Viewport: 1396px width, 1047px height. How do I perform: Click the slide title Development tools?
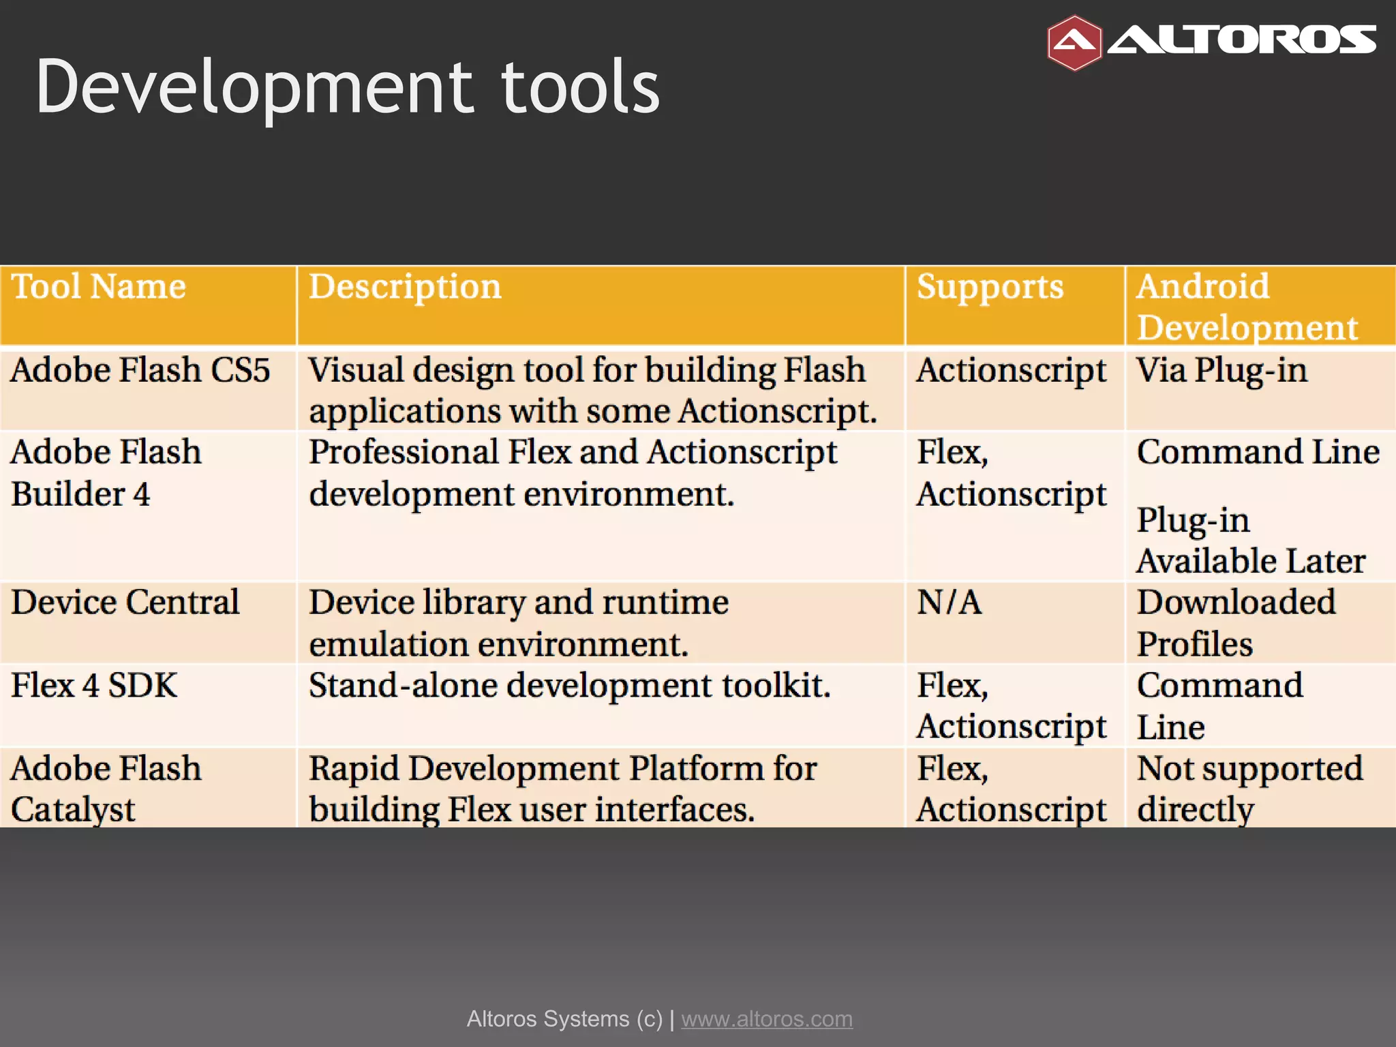click(x=348, y=87)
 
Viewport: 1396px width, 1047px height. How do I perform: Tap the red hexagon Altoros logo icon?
click(x=1074, y=43)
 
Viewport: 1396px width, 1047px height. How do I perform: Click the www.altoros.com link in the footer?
click(x=767, y=1018)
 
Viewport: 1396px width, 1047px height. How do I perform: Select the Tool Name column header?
click(x=99, y=286)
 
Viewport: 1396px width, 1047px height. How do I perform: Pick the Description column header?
click(x=405, y=286)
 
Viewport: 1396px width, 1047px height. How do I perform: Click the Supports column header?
click(x=990, y=286)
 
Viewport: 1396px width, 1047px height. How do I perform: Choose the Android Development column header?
click(x=1247, y=306)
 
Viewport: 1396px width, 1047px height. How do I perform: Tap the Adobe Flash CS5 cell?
click(x=140, y=370)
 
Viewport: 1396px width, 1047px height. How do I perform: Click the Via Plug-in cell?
click(x=1221, y=370)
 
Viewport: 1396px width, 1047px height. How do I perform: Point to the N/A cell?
click(x=949, y=603)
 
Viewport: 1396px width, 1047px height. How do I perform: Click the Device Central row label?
click(x=125, y=603)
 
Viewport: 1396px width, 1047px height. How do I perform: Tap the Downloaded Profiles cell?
click(x=1235, y=622)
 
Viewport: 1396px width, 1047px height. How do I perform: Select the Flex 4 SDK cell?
click(x=94, y=685)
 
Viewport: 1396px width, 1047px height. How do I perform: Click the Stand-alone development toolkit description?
click(x=569, y=685)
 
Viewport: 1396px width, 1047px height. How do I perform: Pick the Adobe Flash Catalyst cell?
click(x=106, y=789)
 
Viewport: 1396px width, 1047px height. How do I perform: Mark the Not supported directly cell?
click(x=1249, y=789)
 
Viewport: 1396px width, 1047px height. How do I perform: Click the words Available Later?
click(x=1251, y=561)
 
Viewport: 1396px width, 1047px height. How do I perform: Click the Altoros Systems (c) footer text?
click(x=564, y=1018)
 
